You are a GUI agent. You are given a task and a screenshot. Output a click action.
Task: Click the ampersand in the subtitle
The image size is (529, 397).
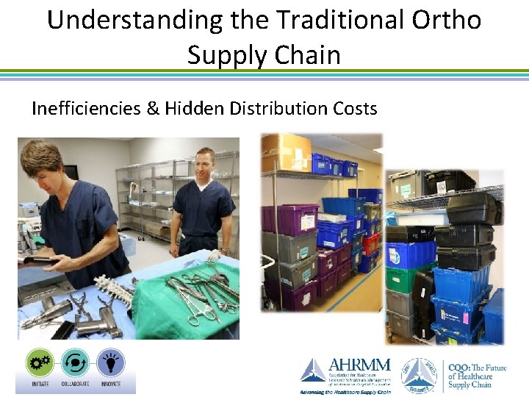click(151, 109)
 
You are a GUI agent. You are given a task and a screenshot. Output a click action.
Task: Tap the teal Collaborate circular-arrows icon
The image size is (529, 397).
click(75, 362)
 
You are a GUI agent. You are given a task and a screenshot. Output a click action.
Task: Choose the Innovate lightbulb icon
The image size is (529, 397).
click(111, 362)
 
